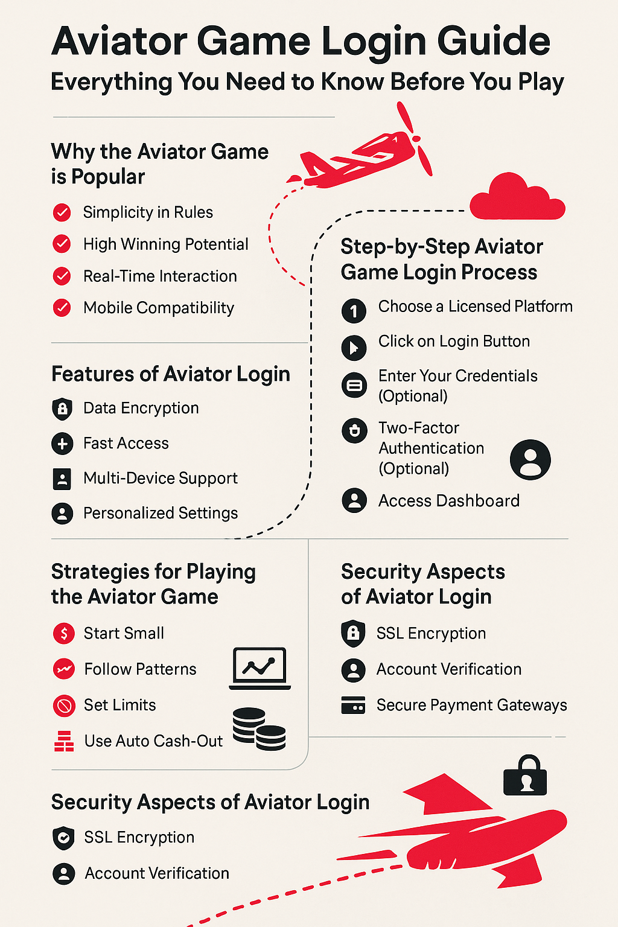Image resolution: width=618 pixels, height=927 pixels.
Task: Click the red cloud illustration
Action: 517,198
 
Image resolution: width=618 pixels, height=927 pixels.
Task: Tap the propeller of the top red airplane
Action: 415,139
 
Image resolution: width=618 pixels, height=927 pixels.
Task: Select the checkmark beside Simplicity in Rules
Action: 62,212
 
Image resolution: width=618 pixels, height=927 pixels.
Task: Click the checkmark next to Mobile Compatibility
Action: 62,307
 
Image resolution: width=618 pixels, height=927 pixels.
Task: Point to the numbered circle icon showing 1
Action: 354,311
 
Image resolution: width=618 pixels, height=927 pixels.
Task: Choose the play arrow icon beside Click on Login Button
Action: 354,347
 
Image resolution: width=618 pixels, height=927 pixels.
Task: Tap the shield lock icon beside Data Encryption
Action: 62,409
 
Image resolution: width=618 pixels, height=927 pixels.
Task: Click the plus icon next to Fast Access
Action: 62,444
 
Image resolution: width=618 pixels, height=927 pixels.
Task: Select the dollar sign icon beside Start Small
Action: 64,633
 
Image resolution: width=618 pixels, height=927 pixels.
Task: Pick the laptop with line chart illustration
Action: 260,668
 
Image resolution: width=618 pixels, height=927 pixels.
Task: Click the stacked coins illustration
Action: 259,729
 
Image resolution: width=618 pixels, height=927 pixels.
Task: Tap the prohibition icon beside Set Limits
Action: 64,706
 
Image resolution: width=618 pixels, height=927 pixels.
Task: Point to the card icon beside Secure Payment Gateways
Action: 353,705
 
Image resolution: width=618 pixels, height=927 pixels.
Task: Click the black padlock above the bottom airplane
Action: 525,775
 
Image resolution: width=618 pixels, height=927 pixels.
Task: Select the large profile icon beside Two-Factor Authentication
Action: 530,460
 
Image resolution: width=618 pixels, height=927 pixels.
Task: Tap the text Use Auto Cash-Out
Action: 153,741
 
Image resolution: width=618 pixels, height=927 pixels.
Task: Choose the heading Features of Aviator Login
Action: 171,374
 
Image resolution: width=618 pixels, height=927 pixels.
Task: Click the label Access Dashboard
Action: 449,501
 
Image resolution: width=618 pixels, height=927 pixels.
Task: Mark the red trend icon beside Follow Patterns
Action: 64,669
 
